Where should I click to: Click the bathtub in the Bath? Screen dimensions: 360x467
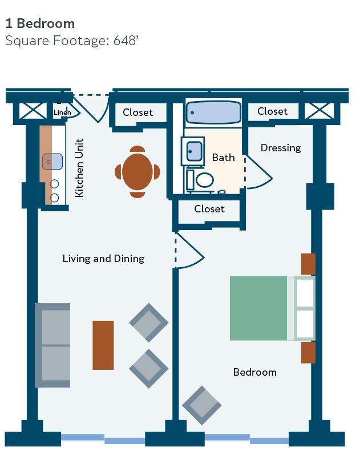pyautogui.click(x=213, y=112)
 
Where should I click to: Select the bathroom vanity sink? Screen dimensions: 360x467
pyautogui.click(x=195, y=151)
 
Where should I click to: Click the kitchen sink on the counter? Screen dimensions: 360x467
pyautogui.click(x=52, y=162)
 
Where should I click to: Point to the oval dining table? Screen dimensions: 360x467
pyautogui.click(x=137, y=172)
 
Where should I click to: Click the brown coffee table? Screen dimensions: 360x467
pyautogui.click(x=103, y=345)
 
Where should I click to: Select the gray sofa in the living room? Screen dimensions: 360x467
pyautogui.click(x=52, y=345)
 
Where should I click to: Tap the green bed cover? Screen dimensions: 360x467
pyautogui.click(x=258, y=308)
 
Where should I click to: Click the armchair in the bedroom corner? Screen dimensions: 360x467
pyautogui.click(x=202, y=405)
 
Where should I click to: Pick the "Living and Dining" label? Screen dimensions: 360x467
pyautogui.click(x=103, y=259)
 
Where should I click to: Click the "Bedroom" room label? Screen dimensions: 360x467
pyautogui.click(x=254, y=372)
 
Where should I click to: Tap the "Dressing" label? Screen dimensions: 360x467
pyautogui.click(x=281, y=148)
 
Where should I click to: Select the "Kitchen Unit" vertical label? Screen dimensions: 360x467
pyautogui.click(x=79, y=168)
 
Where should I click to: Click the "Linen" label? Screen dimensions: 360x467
pyautogui.click(x=62, y=112)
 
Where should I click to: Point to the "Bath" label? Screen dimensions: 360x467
pyautogui.click(x=223, y=157)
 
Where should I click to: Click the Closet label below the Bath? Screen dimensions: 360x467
pyautogui.click(x=209, y=209)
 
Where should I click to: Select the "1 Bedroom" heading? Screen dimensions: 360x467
pyautogui.click(x=40, y=23)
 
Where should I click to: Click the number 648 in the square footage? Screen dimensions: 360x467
pyautogui.click(x=124, y=41)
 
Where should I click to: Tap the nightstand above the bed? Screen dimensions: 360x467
pyautogui.click(x=308, y=264)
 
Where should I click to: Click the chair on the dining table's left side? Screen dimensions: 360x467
pyautogui.click(x=118, y=172)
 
